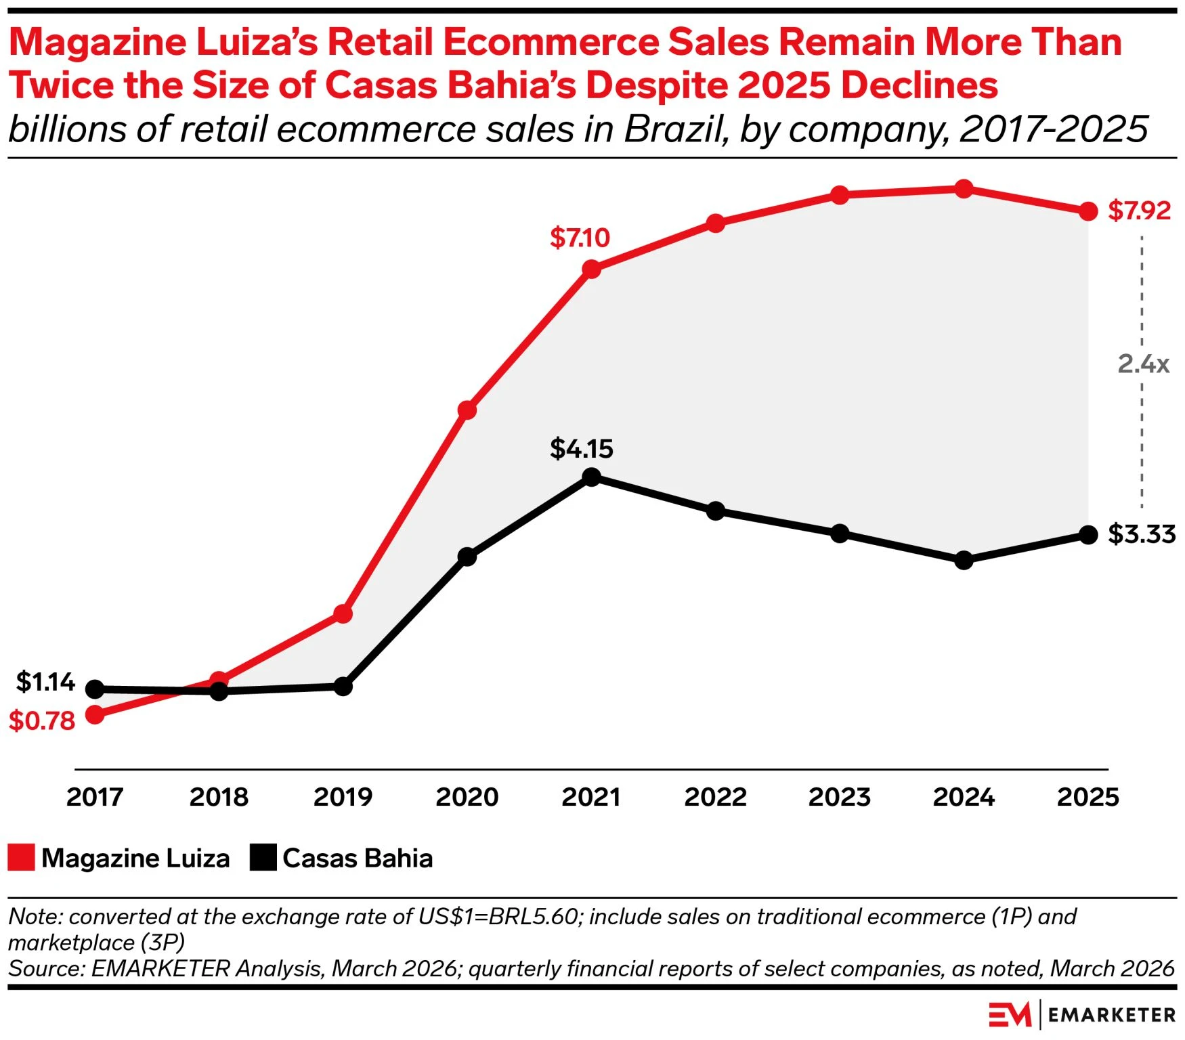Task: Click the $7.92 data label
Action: pyautogui.click(x=1139, y=211)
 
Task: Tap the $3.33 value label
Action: pyautogui.click(x=1142, y=534)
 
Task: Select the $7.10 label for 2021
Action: pyautogui.click(x=580, y=238)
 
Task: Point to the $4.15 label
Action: pyautogui.click(x=581, y=449)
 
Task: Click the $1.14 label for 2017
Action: pyautogui.click(x=45, y=682)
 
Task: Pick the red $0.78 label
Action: pyautogui.click(x=42, y=721)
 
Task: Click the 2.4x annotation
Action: pyautogui.click(x=1143, y=364)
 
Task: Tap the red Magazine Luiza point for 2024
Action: pyautogui.click(x=964, y=190)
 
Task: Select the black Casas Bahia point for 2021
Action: pyautogui.click(x=591, y=477)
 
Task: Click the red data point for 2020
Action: pyautogui.click(x=467, y=410)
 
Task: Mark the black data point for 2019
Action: pyautogui.click(x=343, y=687)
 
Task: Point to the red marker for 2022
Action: pyautogui.click(x=716, y=223)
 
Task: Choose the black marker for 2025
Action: pyautogui.click(x=1088, y=535)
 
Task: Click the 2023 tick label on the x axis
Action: pyautogui.click(x=840, y=797)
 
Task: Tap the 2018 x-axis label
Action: pyautogui.click(x=219, y=797)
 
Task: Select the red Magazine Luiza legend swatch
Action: pyautogui.click(x=21, y=857)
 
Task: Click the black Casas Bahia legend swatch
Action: pyautogui.click(x=263, y=857)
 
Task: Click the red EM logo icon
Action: pyautogui.click(x=1009, y=1014)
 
